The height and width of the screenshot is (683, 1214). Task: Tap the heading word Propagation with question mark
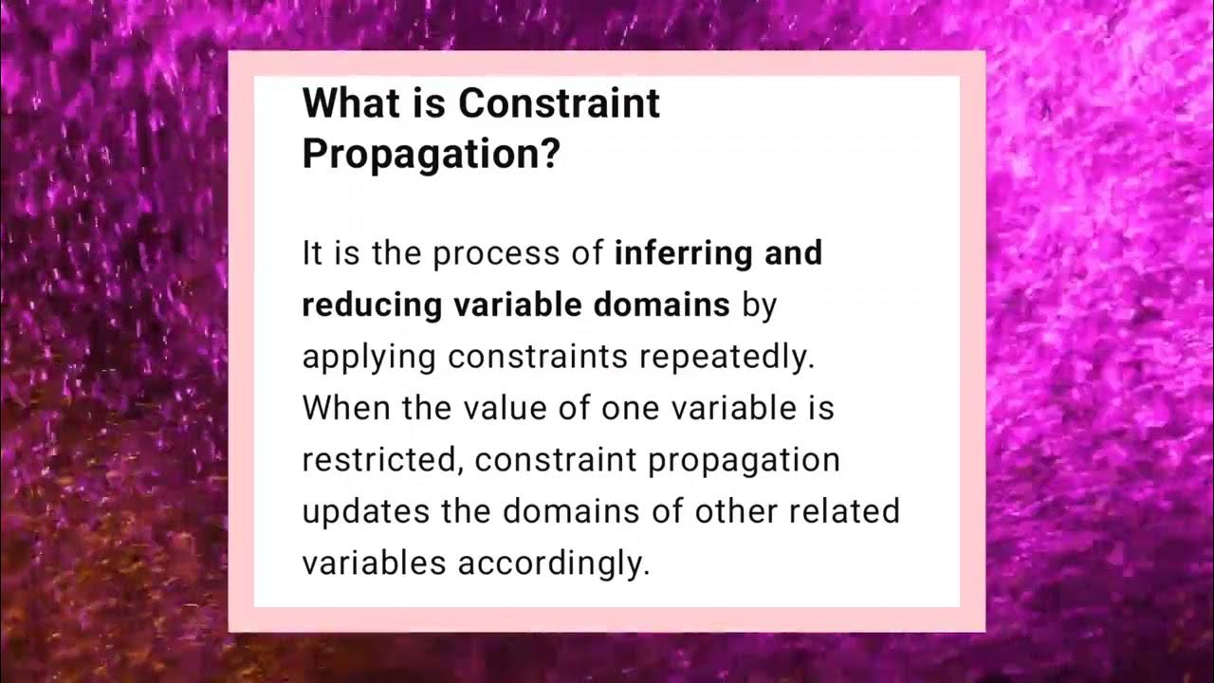(431, 155)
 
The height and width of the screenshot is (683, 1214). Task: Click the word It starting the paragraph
(312, 253)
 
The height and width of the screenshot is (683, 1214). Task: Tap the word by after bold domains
(760, 305)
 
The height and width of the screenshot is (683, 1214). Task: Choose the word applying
(369, 358)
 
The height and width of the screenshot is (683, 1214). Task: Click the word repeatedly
(727, 358)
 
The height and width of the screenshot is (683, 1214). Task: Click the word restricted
(382, 460)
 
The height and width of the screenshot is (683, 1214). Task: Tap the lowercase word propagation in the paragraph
(745, 461)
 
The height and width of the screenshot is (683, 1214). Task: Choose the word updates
(366, 511)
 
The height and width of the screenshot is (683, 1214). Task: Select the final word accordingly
(554, 563)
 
